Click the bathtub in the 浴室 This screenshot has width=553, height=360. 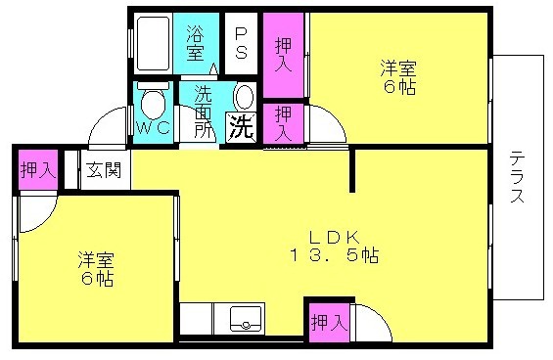(x=153, y=43)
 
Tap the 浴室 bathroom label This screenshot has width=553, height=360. (x=196, y=43)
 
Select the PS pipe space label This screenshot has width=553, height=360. (x=241, y=43)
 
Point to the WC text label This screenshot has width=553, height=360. (x=153, y=127)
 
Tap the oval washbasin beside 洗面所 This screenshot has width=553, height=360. (x=244, y=97)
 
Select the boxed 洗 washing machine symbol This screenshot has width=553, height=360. (x=241, y=127)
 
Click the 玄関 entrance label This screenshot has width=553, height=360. (x=104, y=170)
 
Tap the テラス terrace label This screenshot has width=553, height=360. (x=518, y=177)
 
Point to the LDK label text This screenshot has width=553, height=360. (x=335, y=238)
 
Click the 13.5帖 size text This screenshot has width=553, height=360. (x=335, y=254)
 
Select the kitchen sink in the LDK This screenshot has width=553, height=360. (x=247, y=319)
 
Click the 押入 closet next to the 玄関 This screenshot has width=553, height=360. (x=38, y=170)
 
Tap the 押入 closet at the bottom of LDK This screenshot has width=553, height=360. (x=330, y=322)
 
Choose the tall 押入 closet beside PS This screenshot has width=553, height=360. (x=284, y=55)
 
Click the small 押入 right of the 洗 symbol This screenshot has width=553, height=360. (x=284, y=123)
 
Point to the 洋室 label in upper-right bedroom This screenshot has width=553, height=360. (x=398, y=68)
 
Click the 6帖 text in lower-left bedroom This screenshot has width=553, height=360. (x=97, y=279)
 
